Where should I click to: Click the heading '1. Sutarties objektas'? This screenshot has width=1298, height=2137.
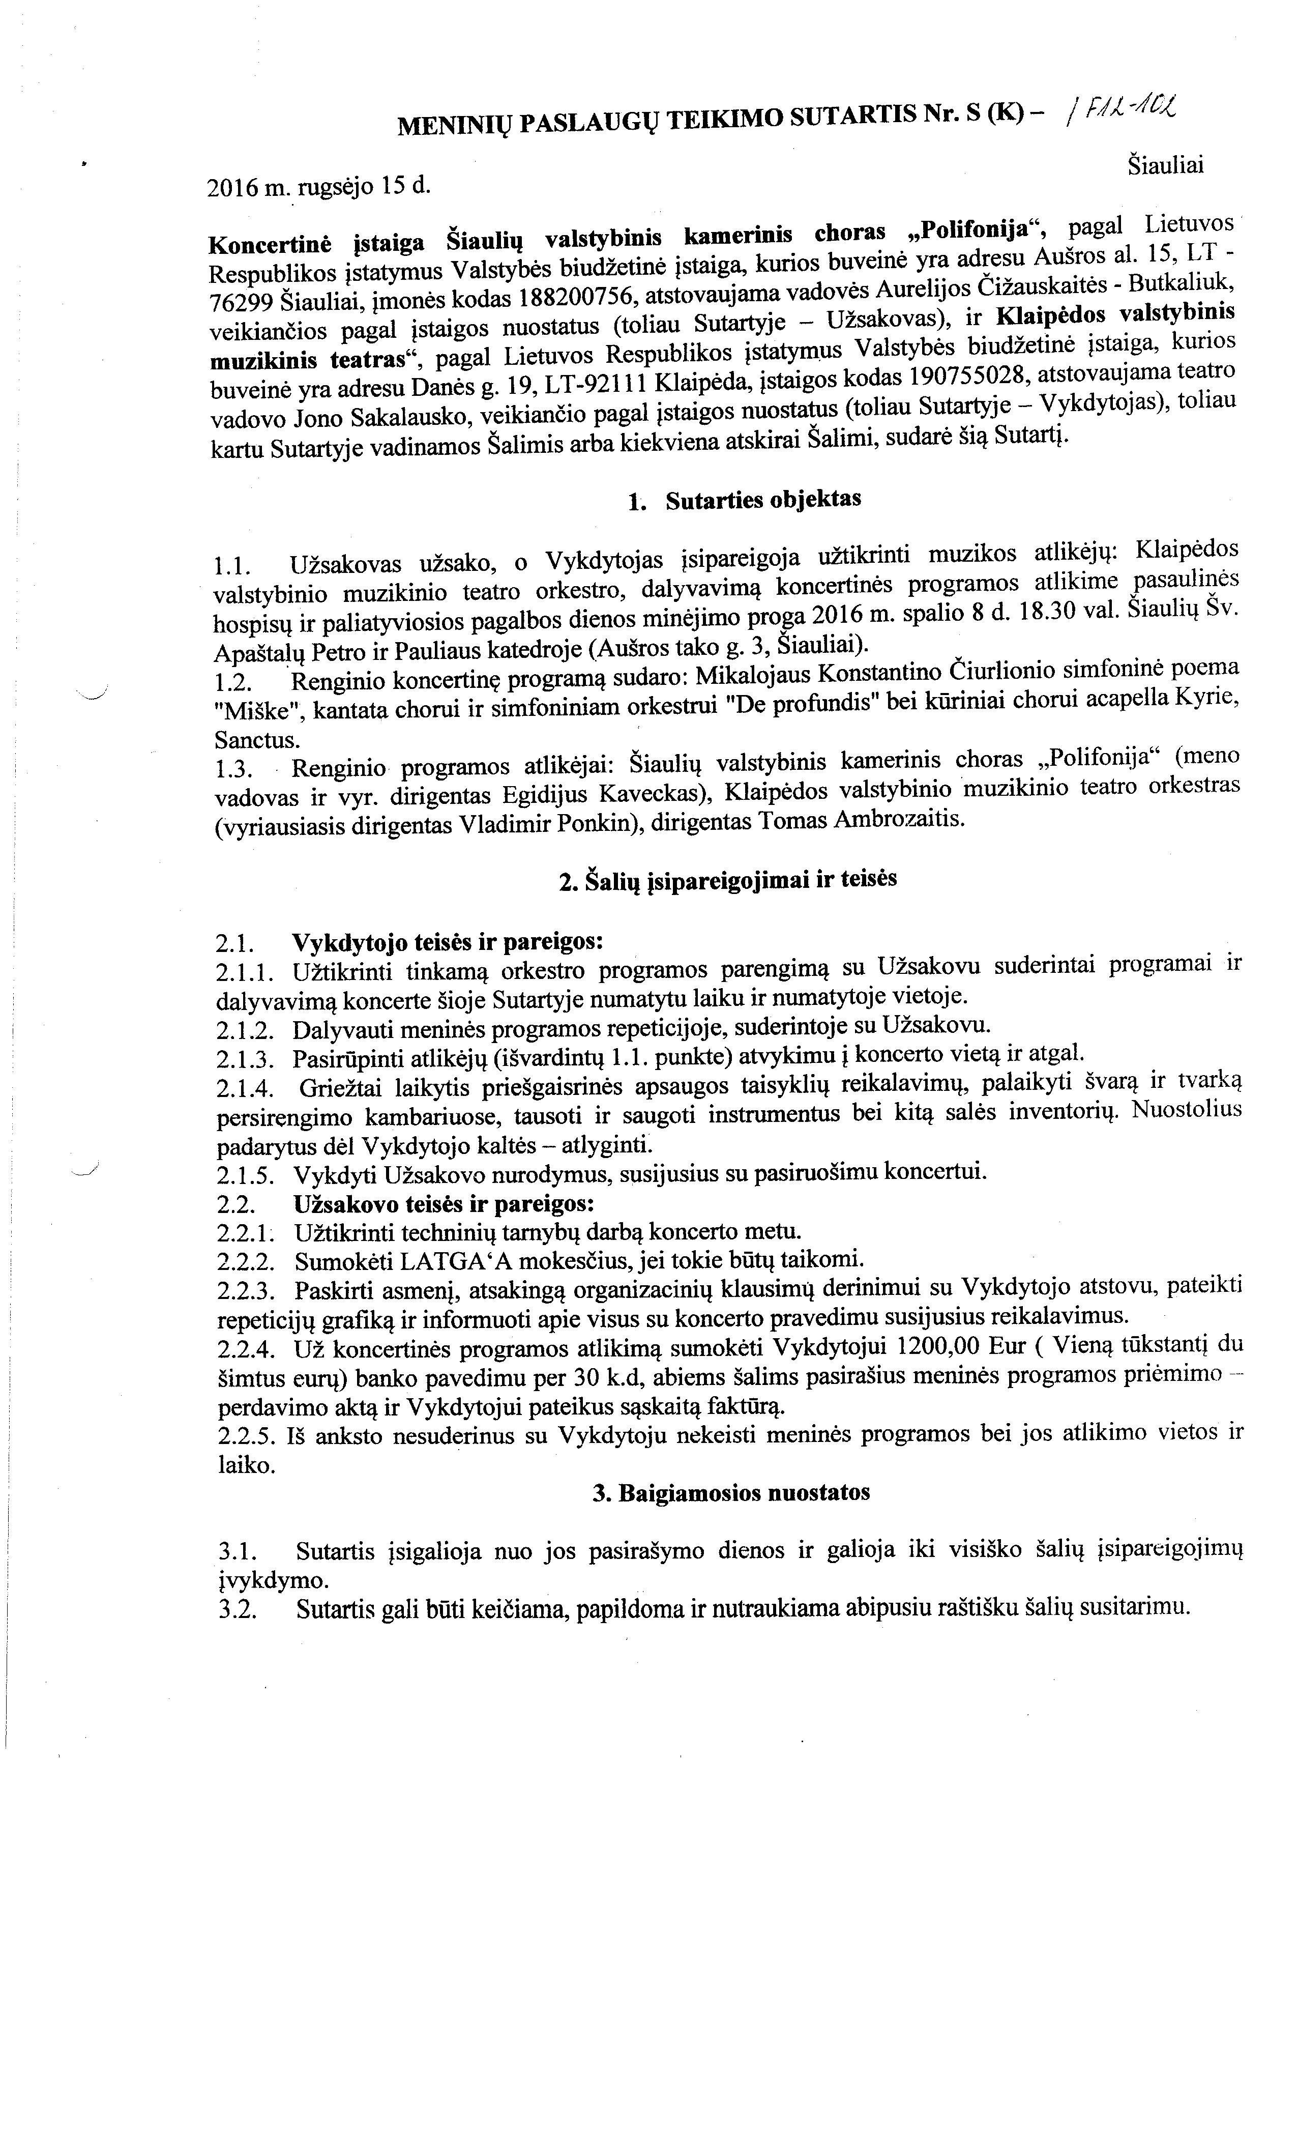pyautogui.click(x=745, y=500)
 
